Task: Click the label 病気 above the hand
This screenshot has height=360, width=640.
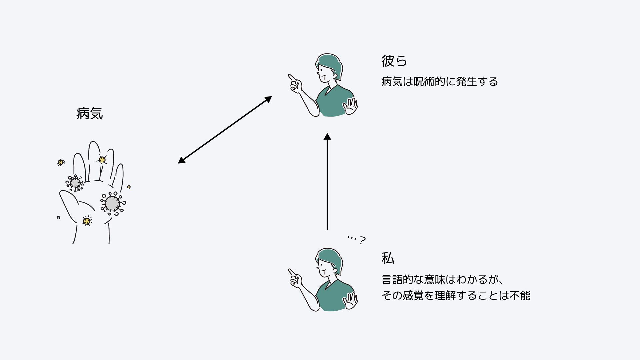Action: pyautogui.click(x=89, y=114)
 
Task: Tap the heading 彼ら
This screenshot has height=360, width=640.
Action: pyautogui.click(x=394, y=61)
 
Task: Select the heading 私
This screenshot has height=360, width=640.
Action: pyautogui.click(x=388, y=258)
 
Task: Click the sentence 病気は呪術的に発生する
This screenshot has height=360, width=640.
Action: pyautogui.click(x=439, y=81)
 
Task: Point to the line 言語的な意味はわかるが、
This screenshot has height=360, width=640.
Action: pyautogui.click(x=442, y=279)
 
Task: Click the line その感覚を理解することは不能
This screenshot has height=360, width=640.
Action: pyautogui.click(x=456, y=295)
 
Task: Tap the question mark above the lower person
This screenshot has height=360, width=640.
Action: pyautogui.click(x=362, y=240)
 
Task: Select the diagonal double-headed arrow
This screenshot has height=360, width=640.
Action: pyautogui.click(x=225, y=130)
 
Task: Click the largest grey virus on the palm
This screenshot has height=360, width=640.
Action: pyautogui.click(x=112, y=203)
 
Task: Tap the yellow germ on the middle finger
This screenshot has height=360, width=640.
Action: pyautogui.click(x=102, y=160)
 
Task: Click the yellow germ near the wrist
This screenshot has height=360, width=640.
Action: pyautogui.click(x=87, y=221)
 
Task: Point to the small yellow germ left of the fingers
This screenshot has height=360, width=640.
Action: pyautogui.click(x=61, y=162)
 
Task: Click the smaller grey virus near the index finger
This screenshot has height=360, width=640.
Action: pyautogui.click(x=75, y=183)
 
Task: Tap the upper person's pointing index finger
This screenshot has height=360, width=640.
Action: pyautogui.click(x=291, y=77)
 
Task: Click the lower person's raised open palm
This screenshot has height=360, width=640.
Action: pyautogui.click(x=351, y=301)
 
